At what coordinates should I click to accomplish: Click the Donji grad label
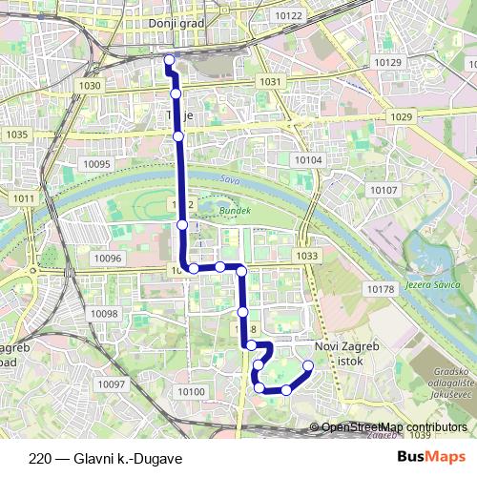[172, 21]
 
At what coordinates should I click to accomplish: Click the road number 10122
[287, 16]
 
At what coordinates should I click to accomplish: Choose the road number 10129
[388, 61]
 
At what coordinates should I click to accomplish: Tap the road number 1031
[270, 82]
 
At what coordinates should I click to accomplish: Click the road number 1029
[402, 116]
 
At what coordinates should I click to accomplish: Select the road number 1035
[16, 135]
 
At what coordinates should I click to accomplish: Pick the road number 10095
[97, 164]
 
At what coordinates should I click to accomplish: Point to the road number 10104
[308, 160]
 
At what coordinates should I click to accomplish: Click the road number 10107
[384, 190]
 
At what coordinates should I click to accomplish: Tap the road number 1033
[307, 256]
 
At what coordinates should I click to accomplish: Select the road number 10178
[380, 288]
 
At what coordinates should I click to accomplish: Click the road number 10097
[112, 384]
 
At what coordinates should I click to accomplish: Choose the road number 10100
[191, 391]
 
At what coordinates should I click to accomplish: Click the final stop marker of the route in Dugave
[308, 365]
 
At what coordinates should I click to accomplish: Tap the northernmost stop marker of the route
[169, 60]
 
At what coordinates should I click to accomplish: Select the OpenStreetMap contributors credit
[393, 427]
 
